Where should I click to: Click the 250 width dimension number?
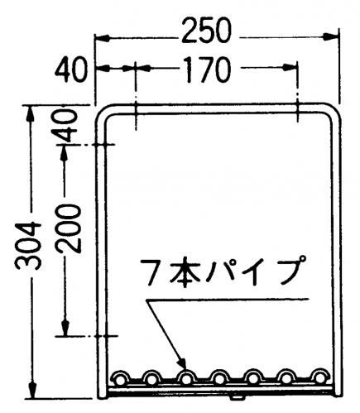tap(205, 31)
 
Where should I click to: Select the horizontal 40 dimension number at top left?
tap(70, 70)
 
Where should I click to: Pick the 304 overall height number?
tap(28, 245)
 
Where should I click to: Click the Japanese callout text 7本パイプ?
tap(223, 271)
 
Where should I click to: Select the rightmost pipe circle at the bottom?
tap(320, 377)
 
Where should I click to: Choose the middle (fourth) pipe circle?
tap(220, 377)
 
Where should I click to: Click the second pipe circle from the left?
tap(151, 377)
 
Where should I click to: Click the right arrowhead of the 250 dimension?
tap(330, 37)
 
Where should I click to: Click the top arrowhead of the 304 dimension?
tap(31, 113)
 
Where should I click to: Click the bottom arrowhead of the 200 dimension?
tap(65, 328)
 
